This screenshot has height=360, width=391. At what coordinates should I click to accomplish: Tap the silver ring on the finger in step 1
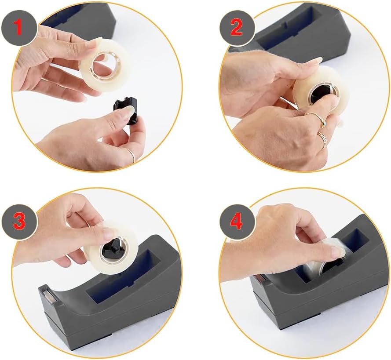pos(131,154)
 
